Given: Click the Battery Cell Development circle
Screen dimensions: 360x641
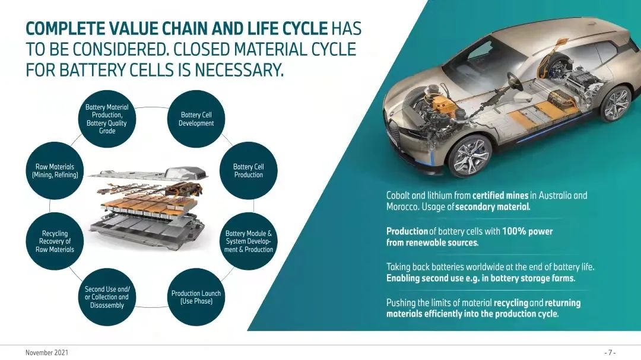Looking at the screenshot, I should click(x=196, y=119).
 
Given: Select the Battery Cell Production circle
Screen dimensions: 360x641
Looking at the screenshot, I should click(x=248, y=171).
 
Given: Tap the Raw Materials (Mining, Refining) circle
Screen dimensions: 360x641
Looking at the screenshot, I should click(x=55, y=171).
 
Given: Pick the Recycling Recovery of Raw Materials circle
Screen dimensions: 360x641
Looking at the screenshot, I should click(x=55, y=241).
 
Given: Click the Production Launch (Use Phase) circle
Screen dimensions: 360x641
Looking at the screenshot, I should click(x=196, y=297).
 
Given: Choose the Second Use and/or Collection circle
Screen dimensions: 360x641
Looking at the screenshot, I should click(x=107, y=297).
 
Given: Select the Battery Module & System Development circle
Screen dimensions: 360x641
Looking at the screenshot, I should click(x=248, y=241).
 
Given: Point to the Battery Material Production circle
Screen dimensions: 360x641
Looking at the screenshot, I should click(x=107, y=119).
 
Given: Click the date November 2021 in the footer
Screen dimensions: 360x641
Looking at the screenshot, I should click(x=46, y=352).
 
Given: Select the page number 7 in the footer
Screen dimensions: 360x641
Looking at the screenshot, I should click(x=610, y=352).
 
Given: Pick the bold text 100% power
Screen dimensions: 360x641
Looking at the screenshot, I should click(x=527, y=231).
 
